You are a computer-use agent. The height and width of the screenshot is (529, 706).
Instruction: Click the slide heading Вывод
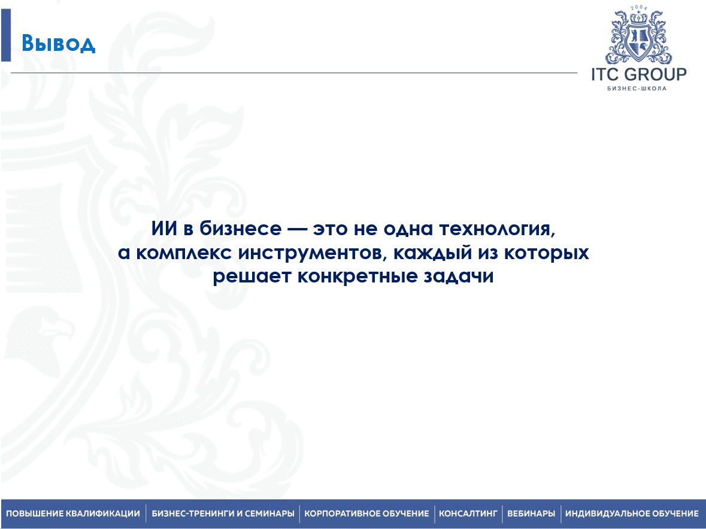click(x=59, y=44)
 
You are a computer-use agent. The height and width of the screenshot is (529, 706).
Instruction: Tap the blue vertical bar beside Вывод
click(x=6, y=35)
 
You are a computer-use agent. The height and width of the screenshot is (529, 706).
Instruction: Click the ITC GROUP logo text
click(x=639, y=74)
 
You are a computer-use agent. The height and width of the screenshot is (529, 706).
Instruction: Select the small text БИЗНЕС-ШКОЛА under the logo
click(x=637, y=88)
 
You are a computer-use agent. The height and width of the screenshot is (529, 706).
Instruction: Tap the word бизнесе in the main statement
click(x=241, y=229)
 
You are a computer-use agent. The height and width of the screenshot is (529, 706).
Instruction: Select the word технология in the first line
click(x=497, y=229)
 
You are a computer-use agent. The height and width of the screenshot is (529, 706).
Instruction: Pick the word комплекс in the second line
click(x=184, y=253)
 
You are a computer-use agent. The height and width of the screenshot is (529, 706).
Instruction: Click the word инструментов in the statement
click(x=313, y=253)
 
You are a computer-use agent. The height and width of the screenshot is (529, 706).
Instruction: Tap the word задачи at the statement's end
click(x=458, y=276)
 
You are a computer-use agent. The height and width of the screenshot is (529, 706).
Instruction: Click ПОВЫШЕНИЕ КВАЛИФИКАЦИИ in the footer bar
click(x=73, y=513)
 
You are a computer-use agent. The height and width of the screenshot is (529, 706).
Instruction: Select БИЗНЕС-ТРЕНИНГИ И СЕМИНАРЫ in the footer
click(x=223, y=513)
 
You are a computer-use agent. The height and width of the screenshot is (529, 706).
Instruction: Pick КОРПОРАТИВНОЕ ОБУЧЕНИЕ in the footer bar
click(x=366, y=513)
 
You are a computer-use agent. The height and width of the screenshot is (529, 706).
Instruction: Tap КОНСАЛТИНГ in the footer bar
click(x=468, y=513)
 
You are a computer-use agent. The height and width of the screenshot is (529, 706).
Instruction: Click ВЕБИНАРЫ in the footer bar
click(x=531, y=513)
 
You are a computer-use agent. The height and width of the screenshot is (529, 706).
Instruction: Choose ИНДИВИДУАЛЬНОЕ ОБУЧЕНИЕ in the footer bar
click(x=632, y=513)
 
